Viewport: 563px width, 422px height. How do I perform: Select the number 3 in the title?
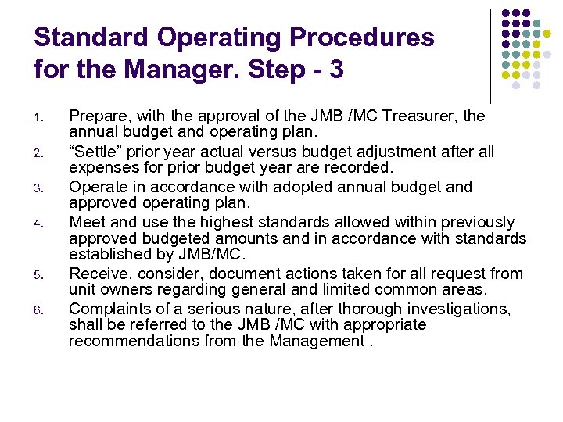[x=335, y=70]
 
